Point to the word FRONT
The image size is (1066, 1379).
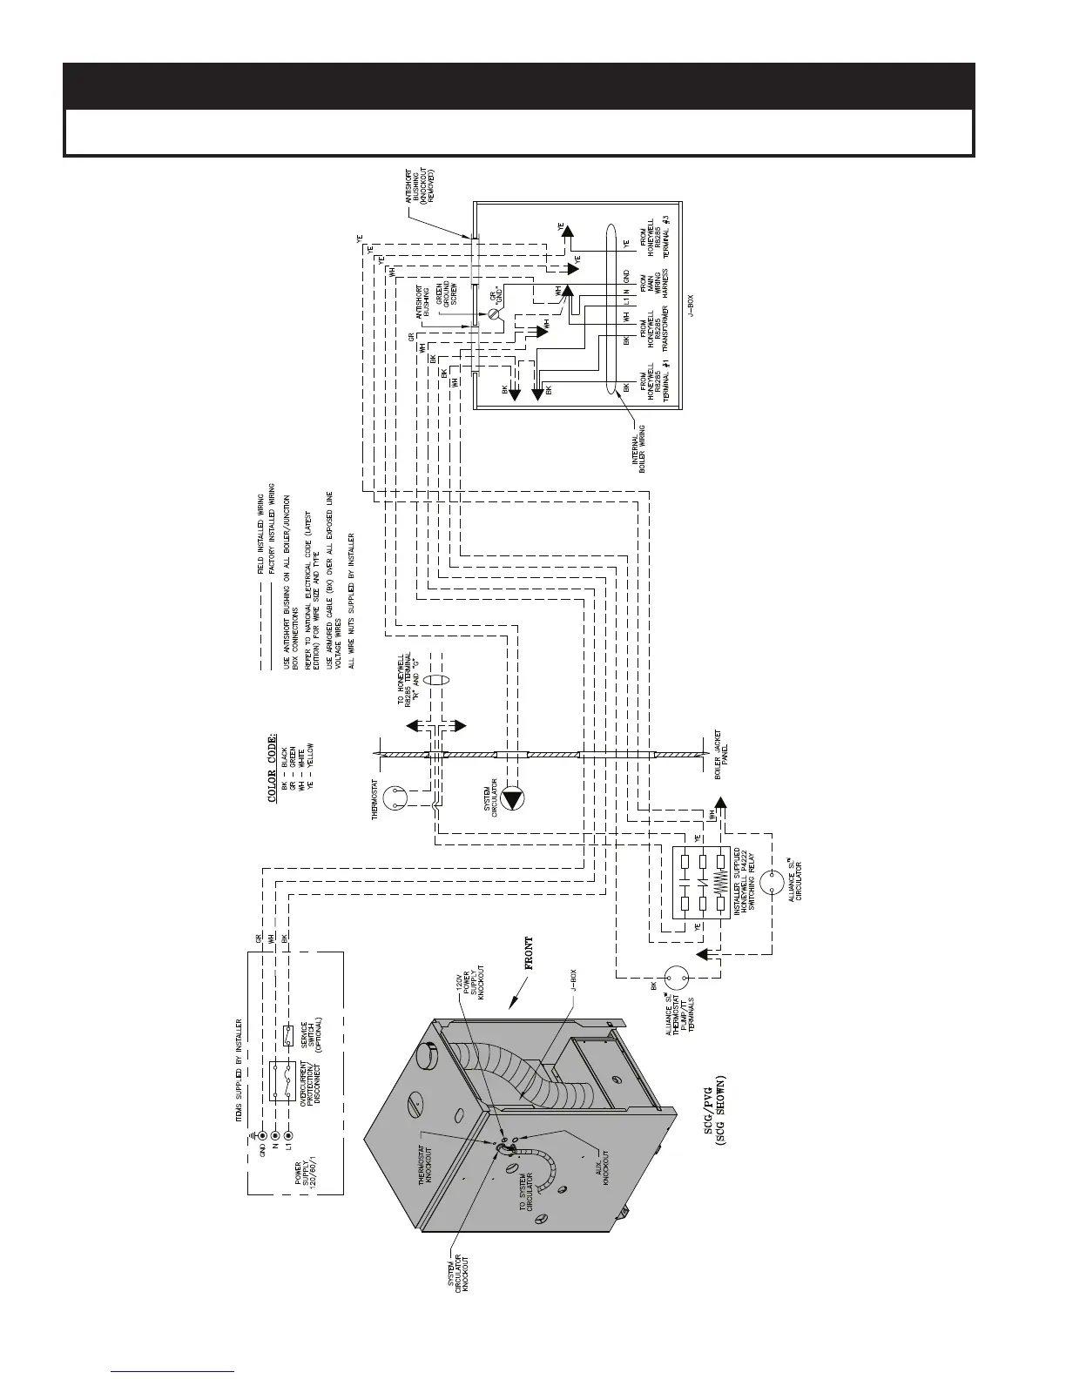528,955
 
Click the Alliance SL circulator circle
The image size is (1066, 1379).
771,881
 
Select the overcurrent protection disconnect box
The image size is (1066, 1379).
282,1081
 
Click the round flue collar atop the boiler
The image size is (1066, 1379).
430,1056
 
